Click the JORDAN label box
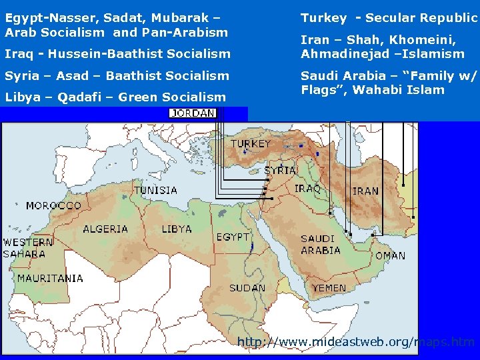pos(193,113)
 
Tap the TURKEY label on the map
pos(251,144)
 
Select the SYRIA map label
pos(280,171)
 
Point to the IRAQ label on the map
pos(307,189)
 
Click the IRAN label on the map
pos(365,191)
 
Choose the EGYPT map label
pos(233,237)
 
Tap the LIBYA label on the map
pos(177,229)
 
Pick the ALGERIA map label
pos(105,229)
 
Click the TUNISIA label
pos(156,190)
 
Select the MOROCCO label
pos(53,205)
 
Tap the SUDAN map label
pos(247,288)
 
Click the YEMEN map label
pos(329,288)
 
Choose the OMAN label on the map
pos(390,255)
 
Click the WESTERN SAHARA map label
pos(28,248)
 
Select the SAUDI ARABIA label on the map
pos(321,245)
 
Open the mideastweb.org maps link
pos(356,343)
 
